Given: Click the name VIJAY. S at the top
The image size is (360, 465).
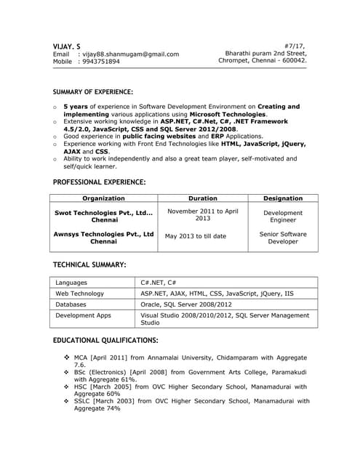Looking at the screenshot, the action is [x=67, y=46].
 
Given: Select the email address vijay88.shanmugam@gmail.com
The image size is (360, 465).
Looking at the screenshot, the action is [x=130, y=54].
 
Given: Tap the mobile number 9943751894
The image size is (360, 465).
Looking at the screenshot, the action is [x=101, y=62].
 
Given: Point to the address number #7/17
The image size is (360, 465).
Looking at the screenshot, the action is [x=295, y=45].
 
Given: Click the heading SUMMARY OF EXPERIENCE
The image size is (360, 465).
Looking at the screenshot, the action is [x=93, y=92].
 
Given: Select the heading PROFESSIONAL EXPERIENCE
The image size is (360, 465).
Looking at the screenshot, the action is [x=100, y=182].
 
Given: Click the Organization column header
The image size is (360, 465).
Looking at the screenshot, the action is [x=103, y=198].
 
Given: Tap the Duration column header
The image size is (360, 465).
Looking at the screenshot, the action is [x=203, y=198].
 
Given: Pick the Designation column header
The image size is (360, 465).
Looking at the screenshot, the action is [x=283, y=198].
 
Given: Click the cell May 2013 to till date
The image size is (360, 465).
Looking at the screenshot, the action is [x=196, y=236].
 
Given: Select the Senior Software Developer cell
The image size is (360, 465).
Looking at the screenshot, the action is [x=283, y=238].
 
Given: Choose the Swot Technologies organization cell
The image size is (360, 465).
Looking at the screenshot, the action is [x=104, y=216].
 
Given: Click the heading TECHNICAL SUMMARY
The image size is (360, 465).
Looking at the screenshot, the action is [x=89, y=264].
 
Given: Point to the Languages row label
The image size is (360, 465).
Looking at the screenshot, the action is [x=71, y=283].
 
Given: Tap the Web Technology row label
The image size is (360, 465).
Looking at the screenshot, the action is [x=80, y=294].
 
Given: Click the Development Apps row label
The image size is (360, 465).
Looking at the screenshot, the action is [x=84, y=316].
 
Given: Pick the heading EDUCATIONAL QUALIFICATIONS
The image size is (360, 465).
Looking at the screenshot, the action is [x=105, y=341].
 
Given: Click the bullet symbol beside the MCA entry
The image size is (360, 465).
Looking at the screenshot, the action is [x=66, y=357].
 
